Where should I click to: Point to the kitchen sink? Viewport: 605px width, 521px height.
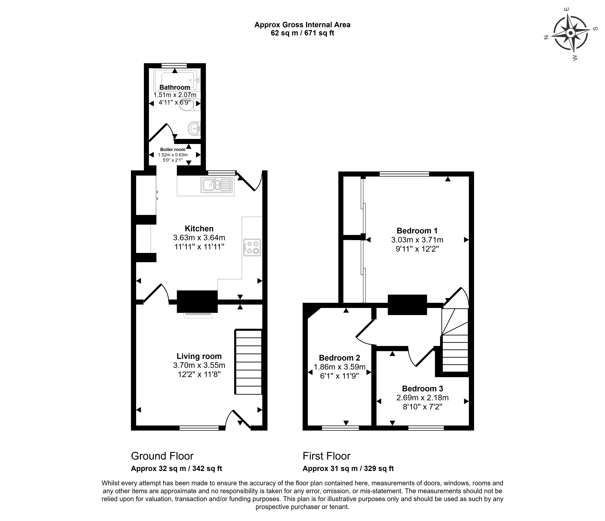pyautogui.click(x=217, y=185)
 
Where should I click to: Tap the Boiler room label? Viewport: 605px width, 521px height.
pyautogui.click(x=173, y=149)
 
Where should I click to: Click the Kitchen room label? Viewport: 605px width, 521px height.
pyautogui.click(x=199, y=229)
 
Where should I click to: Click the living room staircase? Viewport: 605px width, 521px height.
pyautogui.click(x=248, y=362)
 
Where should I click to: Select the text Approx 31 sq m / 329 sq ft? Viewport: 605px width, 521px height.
pyautogui.click(x=348, y=468)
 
